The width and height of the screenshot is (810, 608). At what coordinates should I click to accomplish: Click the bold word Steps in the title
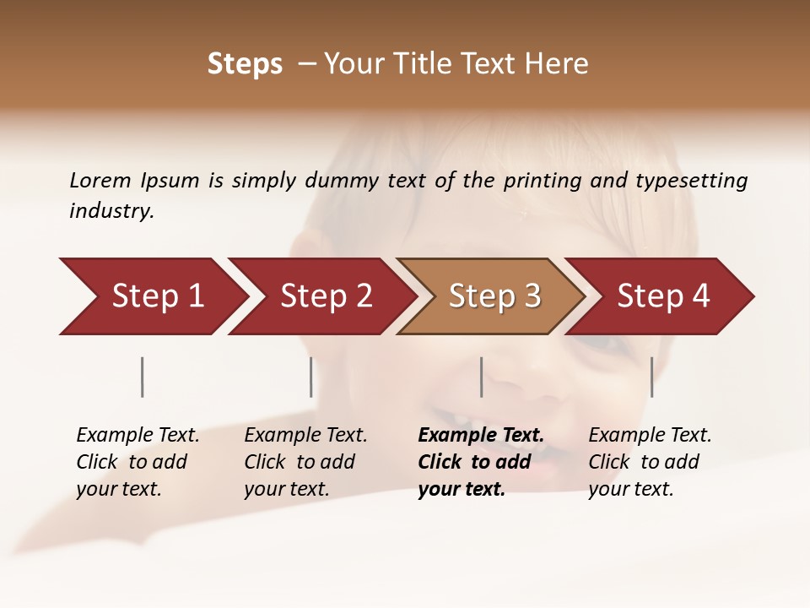click(245, 64)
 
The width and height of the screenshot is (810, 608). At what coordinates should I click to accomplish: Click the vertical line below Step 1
click(143, 377)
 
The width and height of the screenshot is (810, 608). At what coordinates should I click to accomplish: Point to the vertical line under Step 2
click(311, 377)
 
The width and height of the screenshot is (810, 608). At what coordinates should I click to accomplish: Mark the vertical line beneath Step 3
click(481, 377)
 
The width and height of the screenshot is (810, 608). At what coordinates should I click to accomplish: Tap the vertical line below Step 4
click(651, 377)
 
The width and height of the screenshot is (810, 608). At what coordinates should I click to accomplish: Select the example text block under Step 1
click(138, 461)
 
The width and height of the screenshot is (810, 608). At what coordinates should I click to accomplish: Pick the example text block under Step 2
click(305, 461)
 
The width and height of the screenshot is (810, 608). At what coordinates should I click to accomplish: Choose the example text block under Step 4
click(650, 461)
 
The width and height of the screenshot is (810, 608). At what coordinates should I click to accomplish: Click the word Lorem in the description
click(100, 180)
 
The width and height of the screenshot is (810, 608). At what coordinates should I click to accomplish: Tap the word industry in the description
click(111, 210)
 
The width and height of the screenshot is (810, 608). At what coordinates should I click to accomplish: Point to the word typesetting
click(691, 181)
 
